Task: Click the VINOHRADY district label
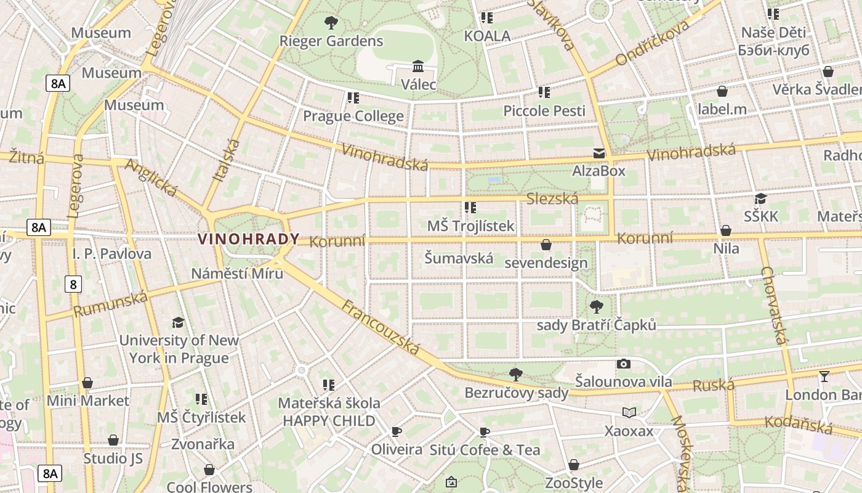[x=249, y=239]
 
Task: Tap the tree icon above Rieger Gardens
[x=331, y=23]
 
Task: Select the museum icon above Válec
[x=418, y=66]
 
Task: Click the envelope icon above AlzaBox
[x=598, y=153]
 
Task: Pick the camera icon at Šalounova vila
[x=624, y=364]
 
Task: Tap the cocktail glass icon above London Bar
[x=824, y=377]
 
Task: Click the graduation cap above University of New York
[x=178, y=322]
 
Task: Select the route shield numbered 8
[x=73, y=284]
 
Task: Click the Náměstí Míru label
[x=237, y=273]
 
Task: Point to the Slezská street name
[x=552, y=198]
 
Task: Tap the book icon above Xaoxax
[x=629, y=413]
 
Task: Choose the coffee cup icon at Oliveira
[x=397, y=431]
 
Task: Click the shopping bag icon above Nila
[x=726, y=231]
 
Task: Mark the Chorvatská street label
[x=775, y=305]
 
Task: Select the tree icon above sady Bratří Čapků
[x=596, y=306]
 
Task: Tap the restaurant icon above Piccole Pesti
[x=544, y=92]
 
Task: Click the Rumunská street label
[x=111, y=304]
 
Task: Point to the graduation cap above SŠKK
[x=761, y=198]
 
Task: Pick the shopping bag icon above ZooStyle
[x=574, y=465]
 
